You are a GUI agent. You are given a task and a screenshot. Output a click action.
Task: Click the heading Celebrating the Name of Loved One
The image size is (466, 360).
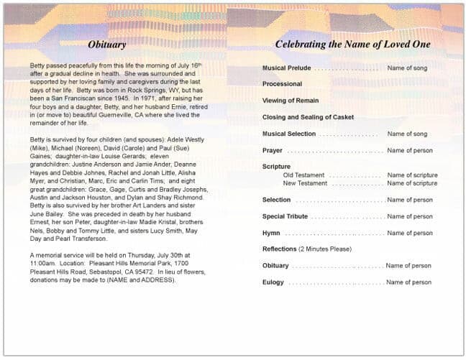tap(352, 45)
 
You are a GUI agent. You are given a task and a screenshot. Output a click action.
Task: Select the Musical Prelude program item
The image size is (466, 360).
tap(286, 68)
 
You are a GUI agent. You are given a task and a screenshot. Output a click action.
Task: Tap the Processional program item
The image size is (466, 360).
tap(282, 85)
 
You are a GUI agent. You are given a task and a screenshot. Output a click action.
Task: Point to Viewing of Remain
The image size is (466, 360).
tap(291, 101)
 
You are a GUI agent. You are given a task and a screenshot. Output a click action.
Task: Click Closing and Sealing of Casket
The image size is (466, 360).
tap(308, 117)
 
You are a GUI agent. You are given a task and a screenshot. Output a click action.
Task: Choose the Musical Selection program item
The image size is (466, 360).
tap(289, 134)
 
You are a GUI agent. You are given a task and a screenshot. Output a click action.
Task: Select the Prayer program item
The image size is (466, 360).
tap(273, 152)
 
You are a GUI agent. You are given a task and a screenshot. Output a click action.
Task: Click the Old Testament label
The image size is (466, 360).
tap(303, 175)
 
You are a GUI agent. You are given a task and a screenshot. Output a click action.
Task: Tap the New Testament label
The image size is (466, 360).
tap(306, 183)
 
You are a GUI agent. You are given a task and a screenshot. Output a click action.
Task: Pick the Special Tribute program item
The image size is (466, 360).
tap(285, 217)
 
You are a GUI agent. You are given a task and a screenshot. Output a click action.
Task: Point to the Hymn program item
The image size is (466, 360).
tap(271, 234)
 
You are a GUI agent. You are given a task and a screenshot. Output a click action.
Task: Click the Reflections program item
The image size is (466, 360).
tap(279, 249)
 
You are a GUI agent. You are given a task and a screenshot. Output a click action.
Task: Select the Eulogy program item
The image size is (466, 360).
tap(273, 283)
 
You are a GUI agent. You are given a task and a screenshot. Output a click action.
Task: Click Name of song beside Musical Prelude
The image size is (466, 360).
tap(407, 68)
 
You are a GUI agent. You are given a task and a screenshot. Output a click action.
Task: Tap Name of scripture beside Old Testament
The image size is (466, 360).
tap(412, 175)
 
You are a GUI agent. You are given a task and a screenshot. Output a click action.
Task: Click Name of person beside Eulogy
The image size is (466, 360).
tap(408, 283)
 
